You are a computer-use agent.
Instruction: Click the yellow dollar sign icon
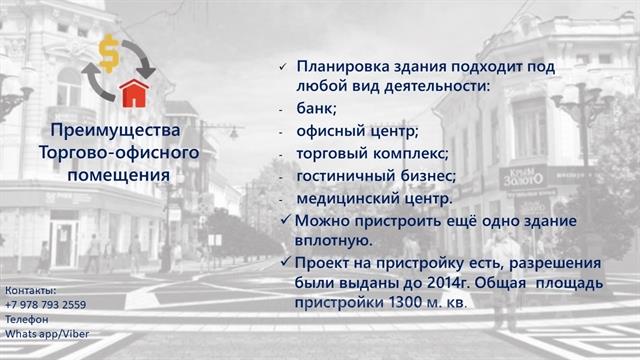[109, 53]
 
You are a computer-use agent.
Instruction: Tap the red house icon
[134, 93]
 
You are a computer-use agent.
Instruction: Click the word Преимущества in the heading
[115, 131]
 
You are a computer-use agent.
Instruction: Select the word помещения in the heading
[118, 176]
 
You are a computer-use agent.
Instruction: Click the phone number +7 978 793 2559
[46, 305]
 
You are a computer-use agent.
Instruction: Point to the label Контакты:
[31, 291]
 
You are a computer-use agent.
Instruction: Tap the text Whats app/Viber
[47, 334]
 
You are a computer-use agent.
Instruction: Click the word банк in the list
[315, 109]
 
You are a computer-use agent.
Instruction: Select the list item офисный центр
[356, 131]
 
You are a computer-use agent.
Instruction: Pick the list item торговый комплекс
[371, 154]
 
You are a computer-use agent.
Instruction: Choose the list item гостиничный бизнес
[375, 176]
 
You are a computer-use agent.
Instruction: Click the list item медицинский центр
[373, 199]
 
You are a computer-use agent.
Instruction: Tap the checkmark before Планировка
[283, 67]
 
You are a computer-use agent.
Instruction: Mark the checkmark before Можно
[286, 220]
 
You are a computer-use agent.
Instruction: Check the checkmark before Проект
[286, 262]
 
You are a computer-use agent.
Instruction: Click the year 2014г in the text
[447, 283]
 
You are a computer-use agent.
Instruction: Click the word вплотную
[333, 241]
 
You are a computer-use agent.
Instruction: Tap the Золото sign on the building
[523, 179]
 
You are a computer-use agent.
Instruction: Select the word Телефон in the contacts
[27, 319]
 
